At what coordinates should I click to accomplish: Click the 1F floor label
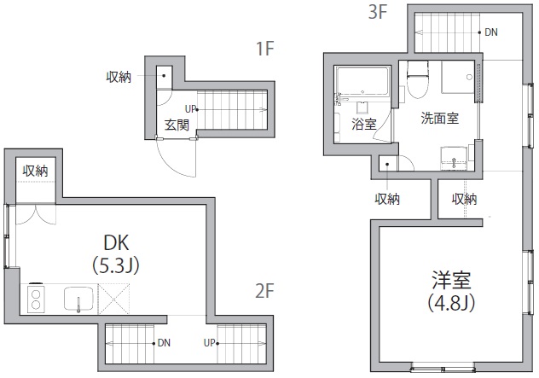[265, 48]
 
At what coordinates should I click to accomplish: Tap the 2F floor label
[265, 290]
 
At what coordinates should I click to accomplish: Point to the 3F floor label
[379, 13]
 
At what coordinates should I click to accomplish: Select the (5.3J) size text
[115, 265]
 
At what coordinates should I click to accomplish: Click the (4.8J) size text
[451, 302]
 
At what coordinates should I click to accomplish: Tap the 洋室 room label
[451, 280]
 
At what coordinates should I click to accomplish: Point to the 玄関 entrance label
[177, 125]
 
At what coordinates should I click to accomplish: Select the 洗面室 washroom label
[439, 119]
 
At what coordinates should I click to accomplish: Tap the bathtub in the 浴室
[362, 84]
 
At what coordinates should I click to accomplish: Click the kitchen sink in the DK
[79, 299]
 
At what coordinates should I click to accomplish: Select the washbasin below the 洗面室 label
[453, 158]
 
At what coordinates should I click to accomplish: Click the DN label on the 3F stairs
[491, 32]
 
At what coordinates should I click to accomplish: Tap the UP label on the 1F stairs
[189, 108]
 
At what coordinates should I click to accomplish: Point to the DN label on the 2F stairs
[162, 343]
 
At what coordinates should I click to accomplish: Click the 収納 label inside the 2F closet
[35, 171]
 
